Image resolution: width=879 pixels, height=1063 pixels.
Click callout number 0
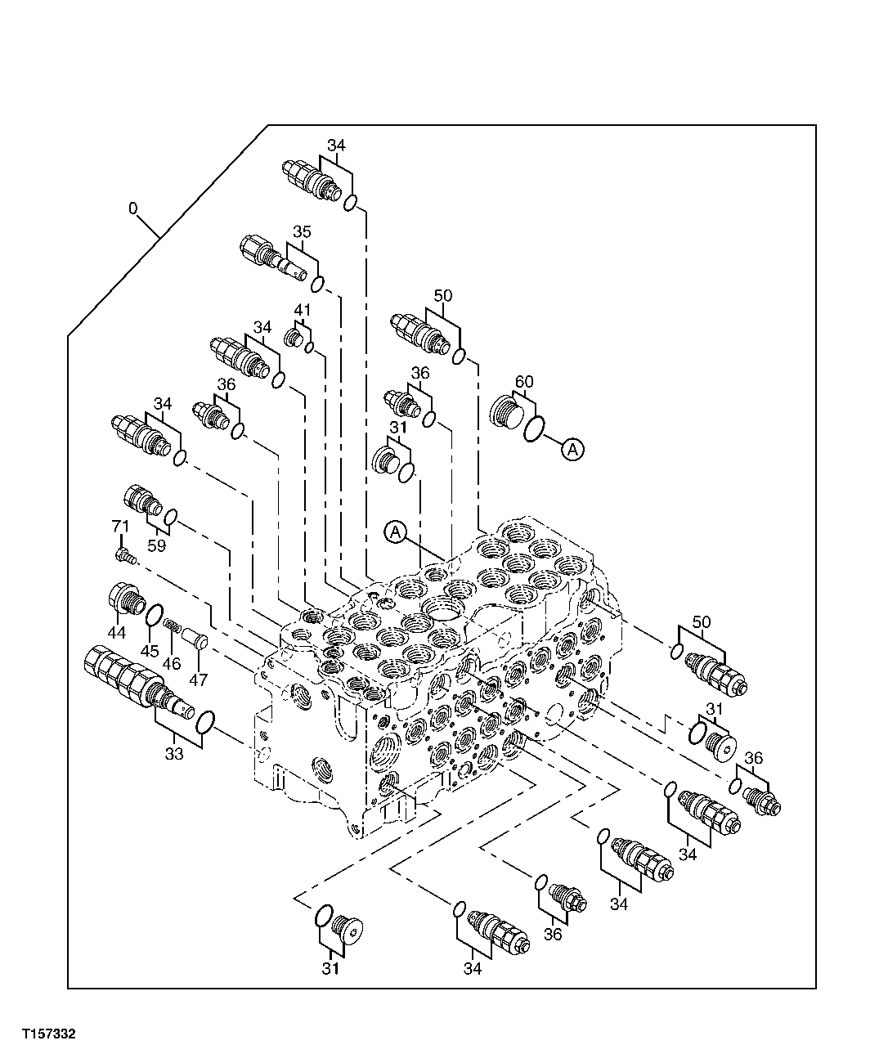(132, 209)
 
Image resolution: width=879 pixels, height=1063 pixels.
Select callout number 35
(302, 232)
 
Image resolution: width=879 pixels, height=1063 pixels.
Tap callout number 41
(303, 310)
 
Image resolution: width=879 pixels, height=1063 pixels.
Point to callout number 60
(523, 381)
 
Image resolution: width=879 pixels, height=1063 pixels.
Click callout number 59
(157, 545)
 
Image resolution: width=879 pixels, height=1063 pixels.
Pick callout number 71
(120, 527)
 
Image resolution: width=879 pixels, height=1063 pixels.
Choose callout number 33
(174, 754)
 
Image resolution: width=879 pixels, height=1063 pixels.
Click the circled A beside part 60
(573, 448)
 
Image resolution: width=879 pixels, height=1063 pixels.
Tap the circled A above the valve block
(395, 532)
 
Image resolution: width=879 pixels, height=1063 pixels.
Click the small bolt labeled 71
(124, 556)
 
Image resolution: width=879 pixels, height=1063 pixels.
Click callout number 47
(199, 679)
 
